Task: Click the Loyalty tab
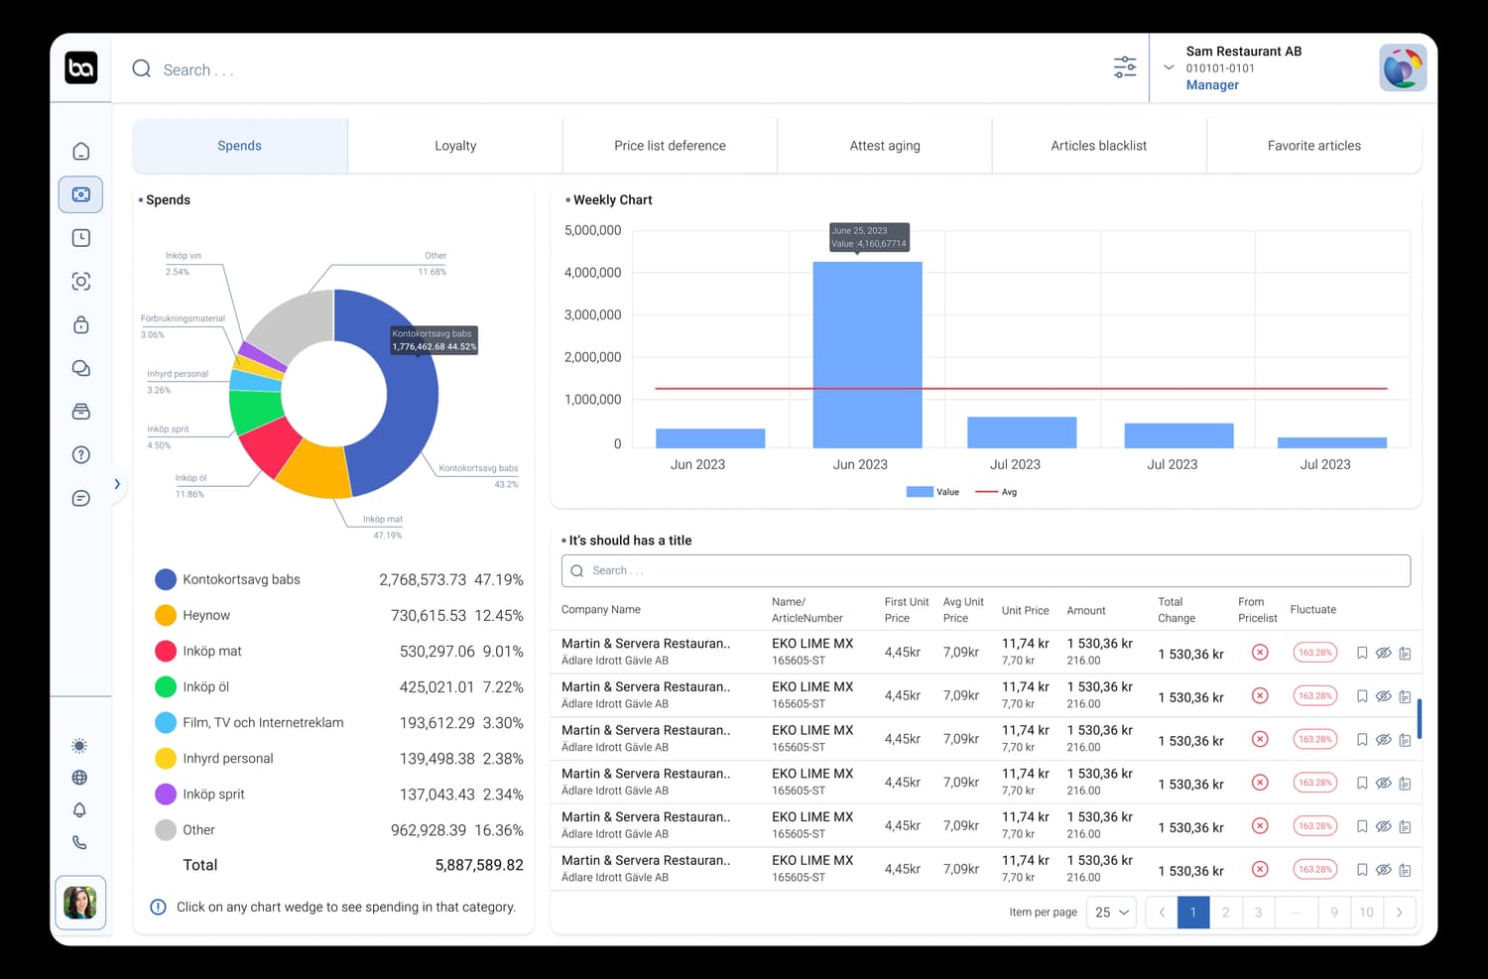coord(455,146)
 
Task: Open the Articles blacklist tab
coord(1098,146)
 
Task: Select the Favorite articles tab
coord(1313,146)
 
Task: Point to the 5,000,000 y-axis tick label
coord(592,230)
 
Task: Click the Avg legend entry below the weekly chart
coord(997,492)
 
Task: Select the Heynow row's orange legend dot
coord(166,615)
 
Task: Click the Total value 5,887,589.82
coord(479,865)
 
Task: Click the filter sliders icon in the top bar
coord(1125,67)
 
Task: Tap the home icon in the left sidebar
coord(81,151)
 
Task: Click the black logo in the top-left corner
coord(81,67)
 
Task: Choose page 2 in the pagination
coord(1225,913)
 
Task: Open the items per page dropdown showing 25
coord(1111,913)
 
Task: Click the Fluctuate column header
coord(1312,610)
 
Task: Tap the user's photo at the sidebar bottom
coord(80,903)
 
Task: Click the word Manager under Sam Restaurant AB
coord(1212,85)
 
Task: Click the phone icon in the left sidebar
coord(80,842)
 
